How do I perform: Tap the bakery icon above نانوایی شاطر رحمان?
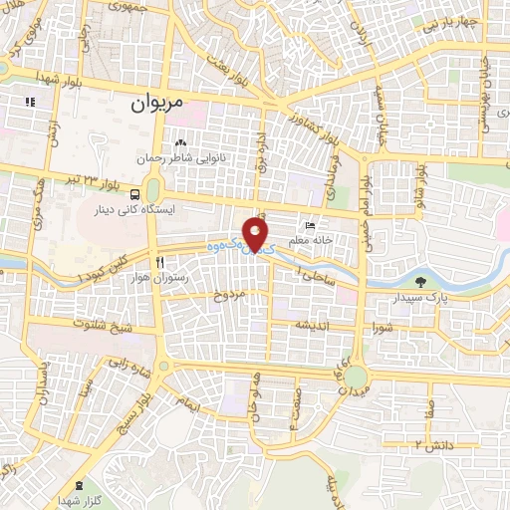click(181, 140)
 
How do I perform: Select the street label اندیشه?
click(307, 326)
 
